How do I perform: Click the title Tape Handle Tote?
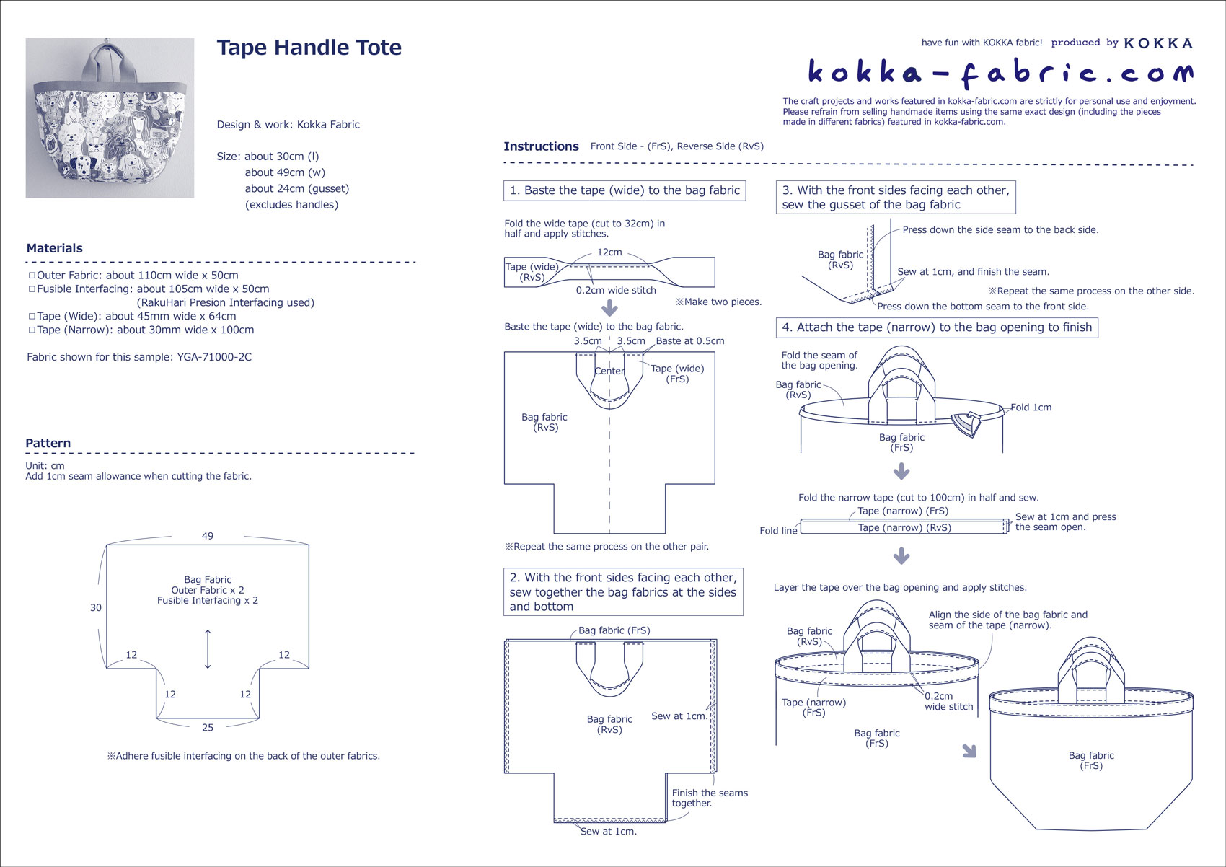tap(309, 48)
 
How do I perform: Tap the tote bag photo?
tap(110, 118)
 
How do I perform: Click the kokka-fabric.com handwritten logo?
tap(1000, 72)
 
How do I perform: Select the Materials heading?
tap(55, 248)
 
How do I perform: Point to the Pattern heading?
tap(48, 444)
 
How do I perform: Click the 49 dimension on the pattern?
tap(208, 536)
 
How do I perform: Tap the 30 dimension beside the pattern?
tap(96, 607)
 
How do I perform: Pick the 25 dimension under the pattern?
tap(208, 728)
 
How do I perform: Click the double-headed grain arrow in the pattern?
tap(208, 649)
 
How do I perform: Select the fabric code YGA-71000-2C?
tap(214, 357)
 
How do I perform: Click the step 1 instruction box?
tap(625, 190)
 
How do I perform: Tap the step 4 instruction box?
tap(937, 327)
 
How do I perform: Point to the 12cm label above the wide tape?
tap(609, 252)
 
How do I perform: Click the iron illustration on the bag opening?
tap(966, 423)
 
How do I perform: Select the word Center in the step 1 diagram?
tap(609, 371)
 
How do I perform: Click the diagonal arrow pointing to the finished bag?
tap(969, 751)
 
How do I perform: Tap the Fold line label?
tap(778, 531)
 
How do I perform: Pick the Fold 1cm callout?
tap(1031, 408)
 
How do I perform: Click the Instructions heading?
tap(541, 146)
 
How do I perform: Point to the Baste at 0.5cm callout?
tap(690, 341)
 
